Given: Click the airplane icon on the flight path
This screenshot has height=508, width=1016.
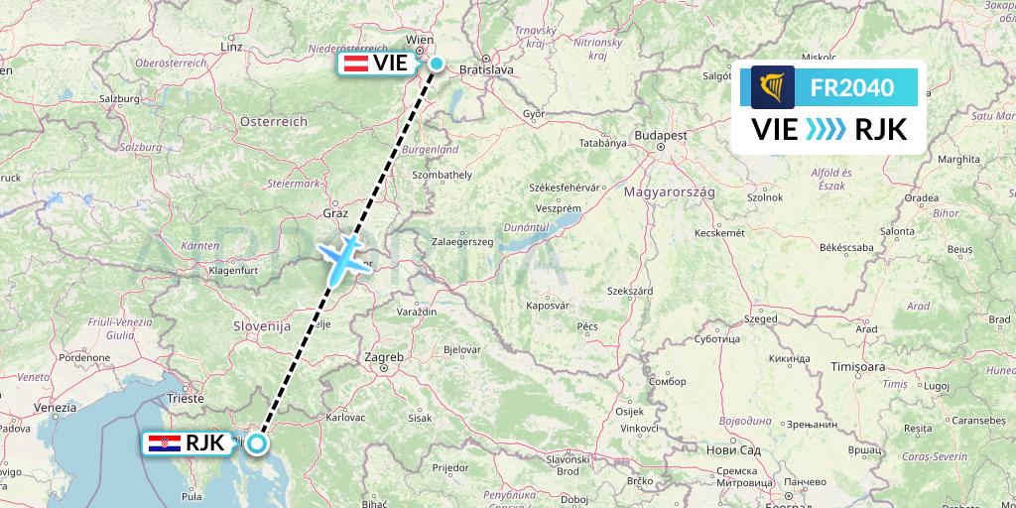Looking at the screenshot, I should [x=342, y=257].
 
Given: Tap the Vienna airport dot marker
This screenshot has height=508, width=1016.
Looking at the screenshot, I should [x=437, y=63].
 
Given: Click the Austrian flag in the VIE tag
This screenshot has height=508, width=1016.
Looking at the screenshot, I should [x=355, y=64].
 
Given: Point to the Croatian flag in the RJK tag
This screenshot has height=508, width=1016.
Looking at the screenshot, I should [x=158, y=444].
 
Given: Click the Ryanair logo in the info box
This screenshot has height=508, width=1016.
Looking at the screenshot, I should [x=773, y=87].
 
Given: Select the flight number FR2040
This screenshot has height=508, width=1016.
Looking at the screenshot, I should [x=852, y=88].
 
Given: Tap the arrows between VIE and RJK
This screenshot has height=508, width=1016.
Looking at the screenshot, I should [x=825, y=129].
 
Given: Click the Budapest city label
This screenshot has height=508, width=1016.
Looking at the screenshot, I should [x=663, y=134].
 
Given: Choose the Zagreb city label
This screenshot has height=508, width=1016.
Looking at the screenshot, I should [x=384, y=356].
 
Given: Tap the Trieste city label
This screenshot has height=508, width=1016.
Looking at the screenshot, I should [x=186, y=398].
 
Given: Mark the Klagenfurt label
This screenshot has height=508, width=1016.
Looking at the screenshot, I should [x=233, y=269].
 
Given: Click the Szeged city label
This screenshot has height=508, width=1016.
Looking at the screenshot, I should [x=761, y=319].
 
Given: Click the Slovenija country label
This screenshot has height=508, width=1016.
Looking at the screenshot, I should [x=261, y=324].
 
